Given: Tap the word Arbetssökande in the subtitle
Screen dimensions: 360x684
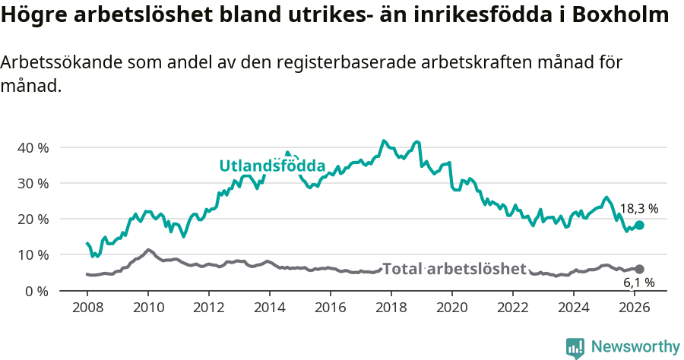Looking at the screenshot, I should click(58, 64).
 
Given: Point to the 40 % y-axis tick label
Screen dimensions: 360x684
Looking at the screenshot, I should click(33, 147).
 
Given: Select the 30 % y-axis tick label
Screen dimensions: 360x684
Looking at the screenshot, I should click(33, 183).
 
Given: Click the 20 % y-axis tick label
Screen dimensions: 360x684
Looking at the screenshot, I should click(33, 219).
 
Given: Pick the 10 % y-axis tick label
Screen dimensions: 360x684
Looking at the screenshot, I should click(33, 254).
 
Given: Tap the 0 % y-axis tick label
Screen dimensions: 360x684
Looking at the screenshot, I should click(36, 291).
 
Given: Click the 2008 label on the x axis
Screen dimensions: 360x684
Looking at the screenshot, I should click(87, 308).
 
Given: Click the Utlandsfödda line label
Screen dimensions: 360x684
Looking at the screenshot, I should click(272, 166).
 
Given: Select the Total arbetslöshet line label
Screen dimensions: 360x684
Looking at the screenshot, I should click(454, 269).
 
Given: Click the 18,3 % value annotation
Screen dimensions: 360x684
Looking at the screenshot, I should click(638, 208).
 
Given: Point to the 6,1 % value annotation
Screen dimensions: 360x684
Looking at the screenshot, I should click(638, 283).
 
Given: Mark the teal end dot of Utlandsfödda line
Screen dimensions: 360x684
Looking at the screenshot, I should click(640, 225).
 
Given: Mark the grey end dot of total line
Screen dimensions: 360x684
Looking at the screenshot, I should click(640, 269).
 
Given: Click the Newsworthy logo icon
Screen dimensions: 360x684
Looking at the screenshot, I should click(575, 347).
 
